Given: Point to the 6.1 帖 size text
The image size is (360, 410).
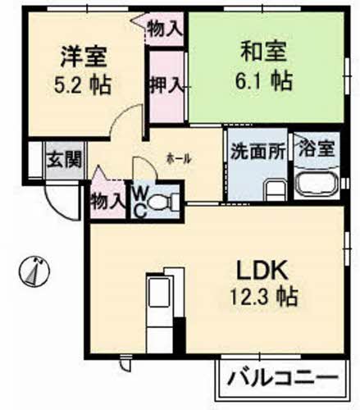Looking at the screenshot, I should coord(263,80).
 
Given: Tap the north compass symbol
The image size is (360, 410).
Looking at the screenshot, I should coord(35,269).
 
